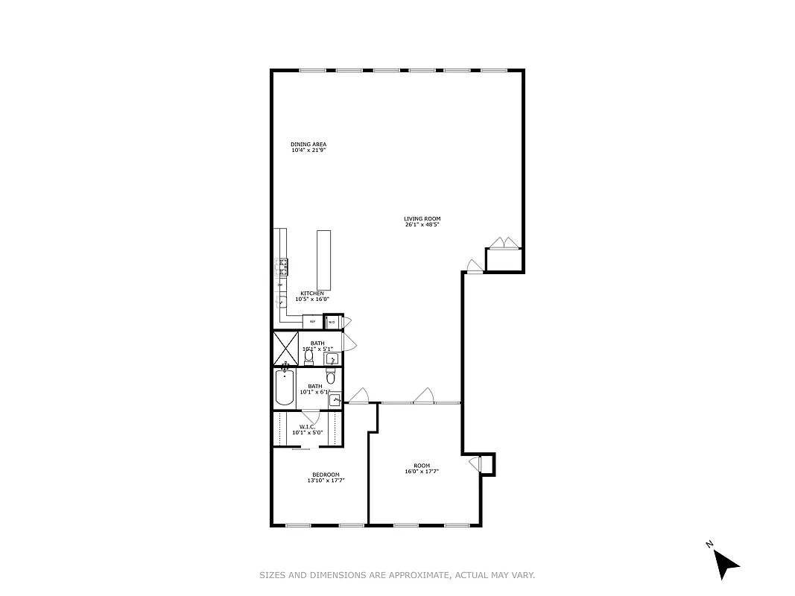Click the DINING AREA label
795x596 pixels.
pyautogui.click(x=308, y=145)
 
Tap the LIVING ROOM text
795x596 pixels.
pyautogui.click(x=422, y=219)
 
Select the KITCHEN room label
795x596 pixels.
pyautogui.click(x=311, y=294)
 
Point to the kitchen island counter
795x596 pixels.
pyautogui.click(x=323, y=259)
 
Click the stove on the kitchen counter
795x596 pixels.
pyautogui.click(x=283, y=266)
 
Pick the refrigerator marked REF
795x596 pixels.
pyautogui.click(x=313, y=322)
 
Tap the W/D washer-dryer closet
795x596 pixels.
pyautogui.click(x=332, y=322)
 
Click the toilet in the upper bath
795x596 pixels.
pyautogui.click(x=308, y=358)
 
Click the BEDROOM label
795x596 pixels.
pyautogui.click(x=326, y=475)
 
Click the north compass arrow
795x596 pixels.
pyautogui.click(x=724, y=562)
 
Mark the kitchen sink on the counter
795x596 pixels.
pyautogui.click(x=282, y=302)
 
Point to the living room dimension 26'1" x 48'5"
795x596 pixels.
pyautogui.click(x=422, y=224)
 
